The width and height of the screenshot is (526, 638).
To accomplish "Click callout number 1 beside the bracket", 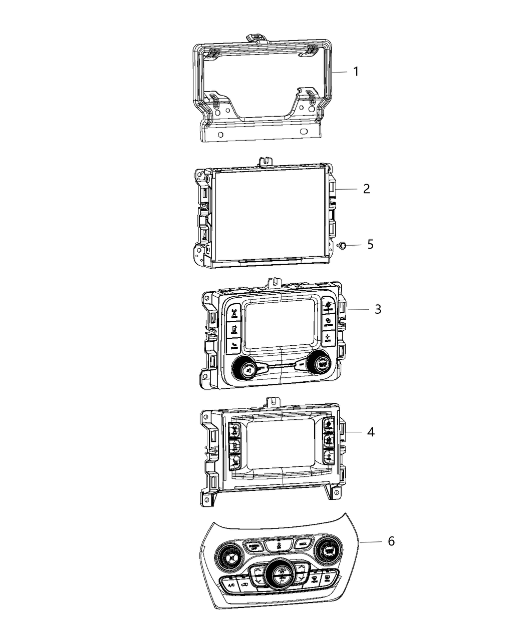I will click(356, 72).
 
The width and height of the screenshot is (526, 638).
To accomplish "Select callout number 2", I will click(366, 189).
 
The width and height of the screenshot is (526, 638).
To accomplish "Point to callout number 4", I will click(370, 431).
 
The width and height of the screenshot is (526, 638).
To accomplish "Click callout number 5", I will click(370, 245).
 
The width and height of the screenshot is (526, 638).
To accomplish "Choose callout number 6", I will click(391, 541).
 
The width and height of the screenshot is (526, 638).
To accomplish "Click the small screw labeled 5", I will click(342, 245).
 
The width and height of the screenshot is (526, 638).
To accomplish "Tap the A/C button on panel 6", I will click(231, 584).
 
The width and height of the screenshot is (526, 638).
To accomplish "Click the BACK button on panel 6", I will click(302, 543).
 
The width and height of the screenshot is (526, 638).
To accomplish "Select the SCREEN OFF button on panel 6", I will click(250, 544).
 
